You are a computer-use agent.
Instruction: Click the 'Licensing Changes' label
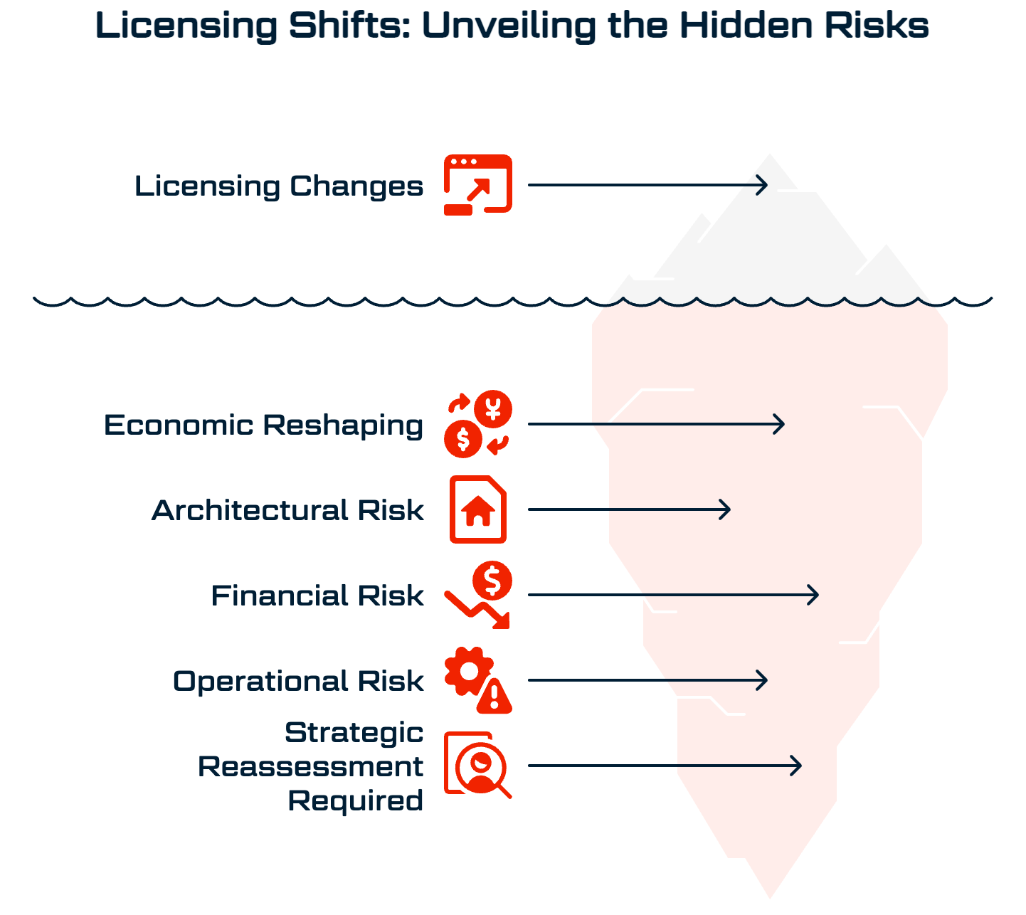[279, 186]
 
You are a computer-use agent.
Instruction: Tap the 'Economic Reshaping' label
[264, 425]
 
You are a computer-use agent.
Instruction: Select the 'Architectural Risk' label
[288, 511]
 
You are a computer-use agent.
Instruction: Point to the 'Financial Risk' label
[317, 596]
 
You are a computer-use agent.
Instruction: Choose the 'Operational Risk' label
[298, 681]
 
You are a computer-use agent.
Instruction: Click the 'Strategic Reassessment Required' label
[311, 766]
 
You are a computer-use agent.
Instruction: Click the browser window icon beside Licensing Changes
[478, 184]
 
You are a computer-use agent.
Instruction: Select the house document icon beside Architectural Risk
[478, 509]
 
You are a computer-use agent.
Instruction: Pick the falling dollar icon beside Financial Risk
[478, 595]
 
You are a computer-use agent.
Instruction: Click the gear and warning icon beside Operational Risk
[478, 680]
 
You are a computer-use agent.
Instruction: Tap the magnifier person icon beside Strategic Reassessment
[478, 765]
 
